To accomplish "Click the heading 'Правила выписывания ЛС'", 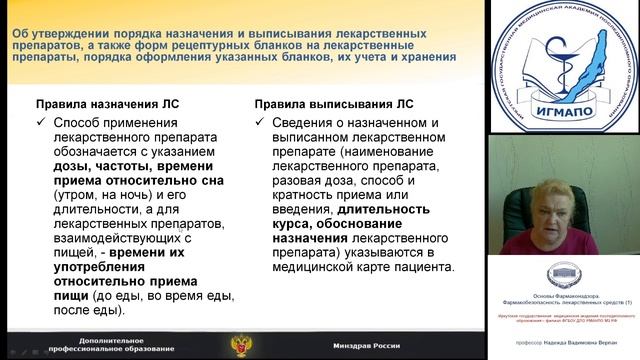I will tap(323, 102).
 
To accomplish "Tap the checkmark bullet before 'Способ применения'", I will tap(42, 123).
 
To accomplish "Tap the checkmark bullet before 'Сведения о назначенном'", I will tap(260, 123).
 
